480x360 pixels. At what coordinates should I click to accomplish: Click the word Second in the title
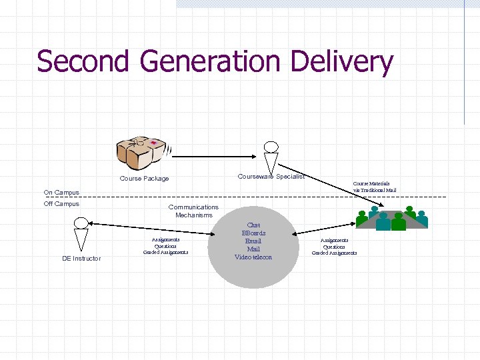83,61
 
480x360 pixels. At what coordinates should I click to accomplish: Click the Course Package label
144,179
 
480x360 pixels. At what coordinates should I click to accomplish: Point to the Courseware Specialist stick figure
270,158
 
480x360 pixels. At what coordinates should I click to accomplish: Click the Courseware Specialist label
271,177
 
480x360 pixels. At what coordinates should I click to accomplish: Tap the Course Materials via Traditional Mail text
374,187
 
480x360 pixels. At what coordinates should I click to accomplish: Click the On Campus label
61,193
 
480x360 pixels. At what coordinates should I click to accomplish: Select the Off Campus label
61,204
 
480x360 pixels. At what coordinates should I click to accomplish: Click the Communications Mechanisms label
193,211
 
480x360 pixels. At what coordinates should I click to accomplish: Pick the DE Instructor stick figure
81,234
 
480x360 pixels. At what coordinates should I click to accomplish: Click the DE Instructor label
81,258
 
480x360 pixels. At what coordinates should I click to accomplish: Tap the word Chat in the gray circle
253,225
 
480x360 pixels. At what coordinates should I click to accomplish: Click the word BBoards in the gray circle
253,233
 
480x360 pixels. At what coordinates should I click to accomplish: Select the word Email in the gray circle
253,241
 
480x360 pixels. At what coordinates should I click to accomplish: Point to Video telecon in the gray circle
253,257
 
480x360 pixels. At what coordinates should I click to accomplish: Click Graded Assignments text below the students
334,253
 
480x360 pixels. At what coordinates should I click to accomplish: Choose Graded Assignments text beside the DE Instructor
165,253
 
